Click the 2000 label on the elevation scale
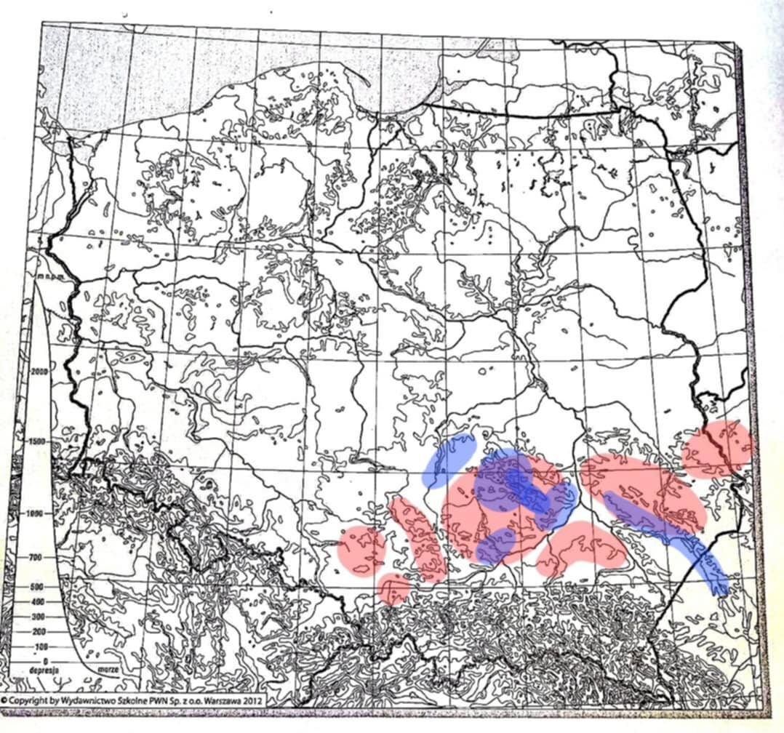40,371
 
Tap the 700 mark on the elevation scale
36,557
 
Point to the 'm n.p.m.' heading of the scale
45,277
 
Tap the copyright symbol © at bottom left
5,700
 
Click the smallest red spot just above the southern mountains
393,588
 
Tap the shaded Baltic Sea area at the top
240,65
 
